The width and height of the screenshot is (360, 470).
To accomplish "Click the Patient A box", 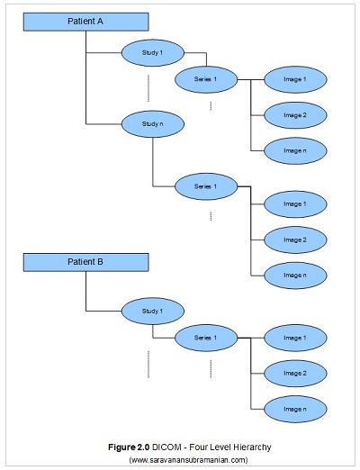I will click(x=86, y=21).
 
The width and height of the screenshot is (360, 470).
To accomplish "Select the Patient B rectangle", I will click(x=86, y=262).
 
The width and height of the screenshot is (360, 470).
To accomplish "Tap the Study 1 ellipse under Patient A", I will click(x=153, y=53).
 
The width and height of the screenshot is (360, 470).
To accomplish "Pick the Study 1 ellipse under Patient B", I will click(x=153, y=312).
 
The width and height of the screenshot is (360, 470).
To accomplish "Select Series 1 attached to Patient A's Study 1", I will click(x=211, y=80).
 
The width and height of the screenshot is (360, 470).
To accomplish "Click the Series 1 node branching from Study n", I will click(x=211, y=186).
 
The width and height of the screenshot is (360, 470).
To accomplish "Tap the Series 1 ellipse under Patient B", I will click(x=211, y=338).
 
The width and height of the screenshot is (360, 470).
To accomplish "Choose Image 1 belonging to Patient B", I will click(x=295, y=338).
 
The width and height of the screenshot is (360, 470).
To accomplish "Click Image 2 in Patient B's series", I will click(x=295, y=373).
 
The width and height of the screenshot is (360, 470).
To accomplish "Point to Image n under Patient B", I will click(x=295, y=409).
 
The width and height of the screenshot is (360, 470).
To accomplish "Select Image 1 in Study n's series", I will click(x=295, y=204).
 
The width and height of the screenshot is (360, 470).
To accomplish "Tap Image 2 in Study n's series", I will click(x=295, y=240).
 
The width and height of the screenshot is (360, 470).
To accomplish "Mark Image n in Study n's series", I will click(x=295, y=275).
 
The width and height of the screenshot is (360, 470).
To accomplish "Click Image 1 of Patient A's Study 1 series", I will click(x=295, y=80).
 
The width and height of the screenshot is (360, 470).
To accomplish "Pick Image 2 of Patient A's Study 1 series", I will click(x=295, y=115).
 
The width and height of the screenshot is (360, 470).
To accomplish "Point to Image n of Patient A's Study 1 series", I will click(x=295, y=150).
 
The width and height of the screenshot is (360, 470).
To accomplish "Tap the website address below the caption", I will click(x=188, y=459).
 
